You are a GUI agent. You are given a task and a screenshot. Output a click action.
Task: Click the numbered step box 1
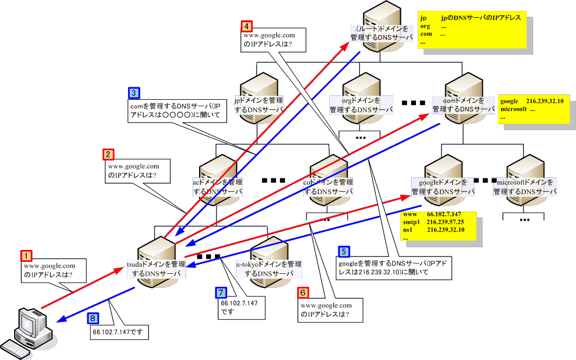26,255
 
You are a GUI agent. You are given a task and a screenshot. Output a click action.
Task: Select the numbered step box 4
247,25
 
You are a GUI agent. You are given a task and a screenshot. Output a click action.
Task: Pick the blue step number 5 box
343,251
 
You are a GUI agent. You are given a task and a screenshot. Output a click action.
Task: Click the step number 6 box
304,292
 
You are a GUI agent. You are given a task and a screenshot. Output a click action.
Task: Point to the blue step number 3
134,92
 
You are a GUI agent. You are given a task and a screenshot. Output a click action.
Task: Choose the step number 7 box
221,292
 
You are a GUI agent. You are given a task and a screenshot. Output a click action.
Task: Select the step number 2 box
108,155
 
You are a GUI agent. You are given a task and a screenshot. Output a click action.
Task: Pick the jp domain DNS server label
258,105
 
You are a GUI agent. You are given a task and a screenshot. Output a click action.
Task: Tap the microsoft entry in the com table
514,109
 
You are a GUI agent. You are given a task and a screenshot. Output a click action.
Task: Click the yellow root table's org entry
425,26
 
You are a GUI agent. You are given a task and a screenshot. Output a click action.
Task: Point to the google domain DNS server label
443,187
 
